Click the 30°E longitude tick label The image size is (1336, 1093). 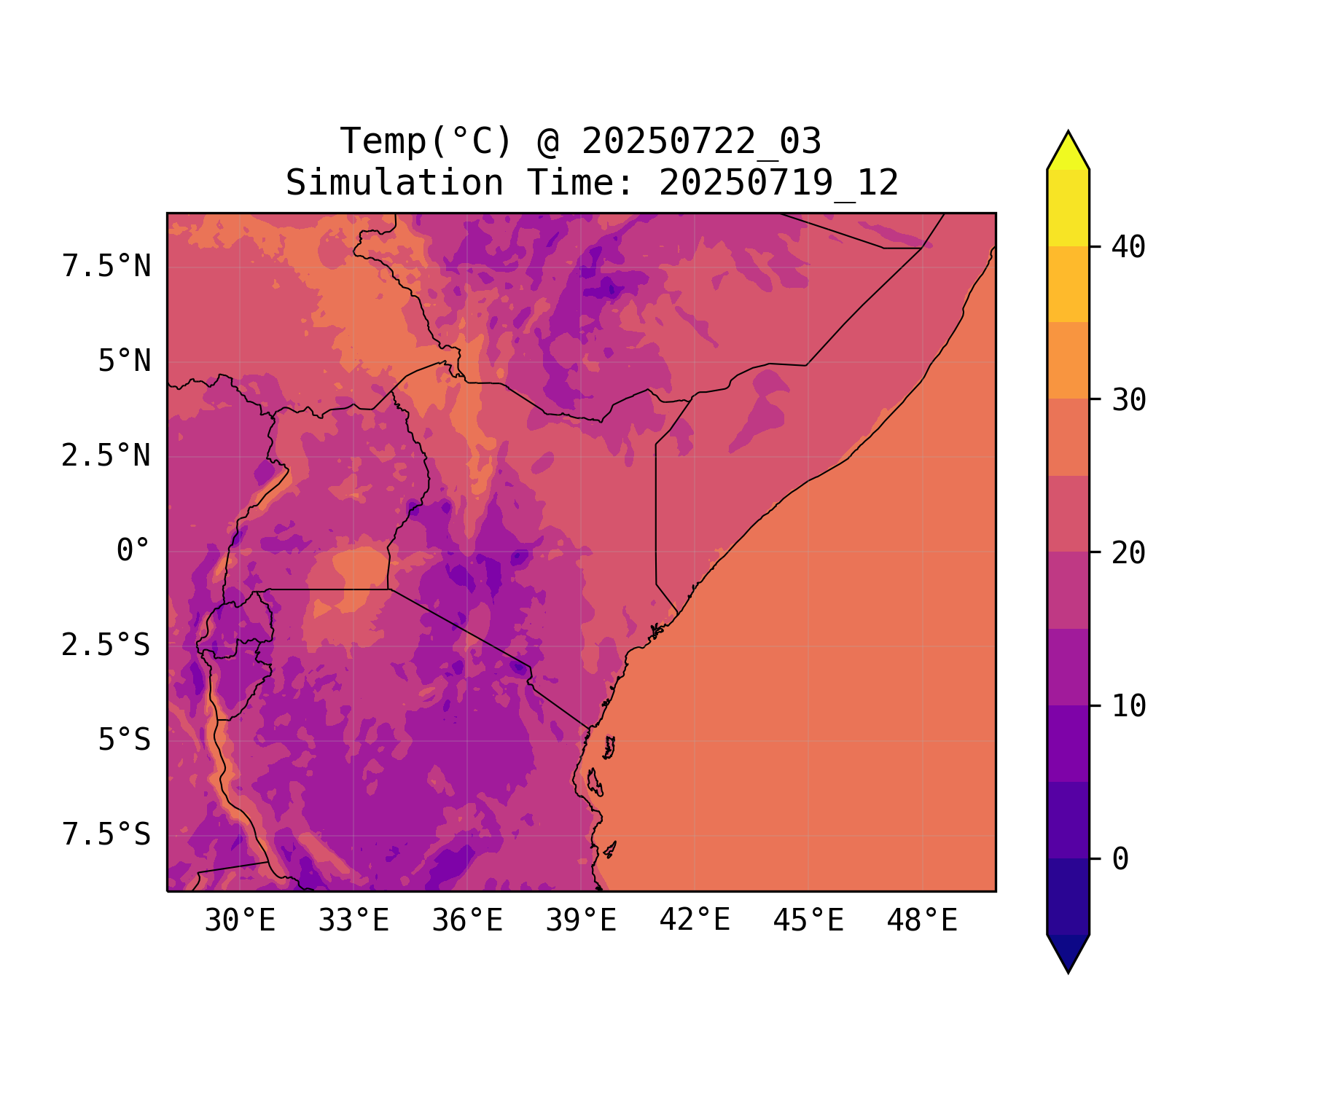240,921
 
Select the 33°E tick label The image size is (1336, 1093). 353,921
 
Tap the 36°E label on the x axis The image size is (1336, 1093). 467,921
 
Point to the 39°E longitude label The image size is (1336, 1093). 581,921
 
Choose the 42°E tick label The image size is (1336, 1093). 695,920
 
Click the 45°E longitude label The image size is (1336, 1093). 808,921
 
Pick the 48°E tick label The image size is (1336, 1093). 922,921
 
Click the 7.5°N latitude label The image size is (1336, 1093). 106,267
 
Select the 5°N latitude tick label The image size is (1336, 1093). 125,361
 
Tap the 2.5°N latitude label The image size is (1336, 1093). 106,456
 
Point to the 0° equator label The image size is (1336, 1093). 133,551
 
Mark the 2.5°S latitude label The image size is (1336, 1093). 106,646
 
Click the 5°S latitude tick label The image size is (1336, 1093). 125,740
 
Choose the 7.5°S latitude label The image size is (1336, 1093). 106,835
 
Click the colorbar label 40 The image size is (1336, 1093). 1128,248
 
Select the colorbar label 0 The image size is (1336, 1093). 1120,860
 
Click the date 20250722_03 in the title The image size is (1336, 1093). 701,141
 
